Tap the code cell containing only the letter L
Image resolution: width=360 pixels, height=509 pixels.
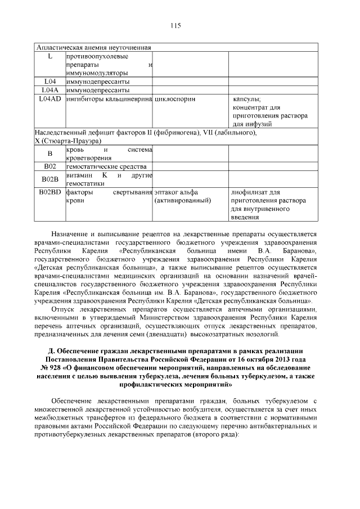49,56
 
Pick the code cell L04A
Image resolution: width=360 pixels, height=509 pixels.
49,90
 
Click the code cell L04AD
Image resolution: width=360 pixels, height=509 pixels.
50,99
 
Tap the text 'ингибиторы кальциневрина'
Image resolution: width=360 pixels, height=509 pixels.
109,99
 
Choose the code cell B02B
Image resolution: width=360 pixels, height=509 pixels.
49,179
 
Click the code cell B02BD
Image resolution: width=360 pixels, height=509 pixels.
49,192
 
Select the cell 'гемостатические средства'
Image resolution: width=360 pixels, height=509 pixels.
106,166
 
